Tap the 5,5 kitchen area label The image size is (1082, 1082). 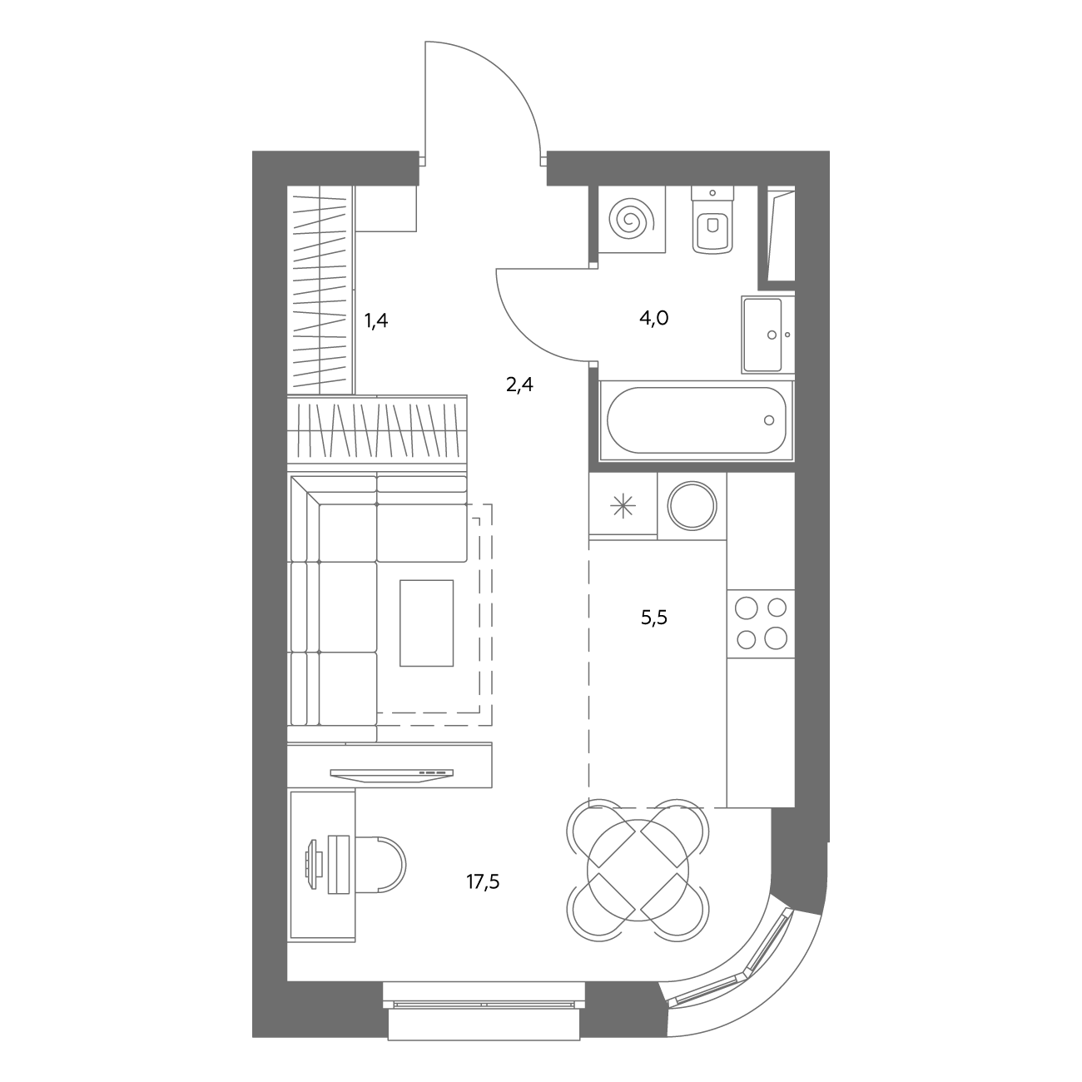coord(654,618)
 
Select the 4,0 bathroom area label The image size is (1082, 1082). coord(654,319)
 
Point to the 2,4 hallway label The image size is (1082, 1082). coord(519,385)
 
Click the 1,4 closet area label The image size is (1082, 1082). coord(376,320)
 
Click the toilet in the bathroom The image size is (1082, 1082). coord(713,221)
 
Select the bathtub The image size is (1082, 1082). coord(697,420)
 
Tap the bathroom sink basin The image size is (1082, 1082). coord(762,335)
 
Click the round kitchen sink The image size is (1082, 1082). coord(692,506)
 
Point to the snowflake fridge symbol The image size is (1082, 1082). coord(623,507)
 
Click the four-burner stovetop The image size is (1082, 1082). coord(761,624)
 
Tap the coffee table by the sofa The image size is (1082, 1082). coord(426,623)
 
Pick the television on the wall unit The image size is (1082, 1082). coord(391,774)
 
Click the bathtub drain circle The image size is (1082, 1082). coord(769,420)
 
